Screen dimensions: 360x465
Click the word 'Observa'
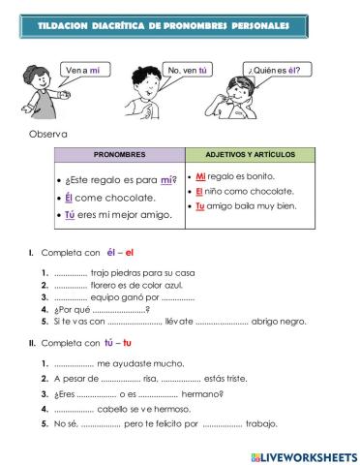coord(49,134)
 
